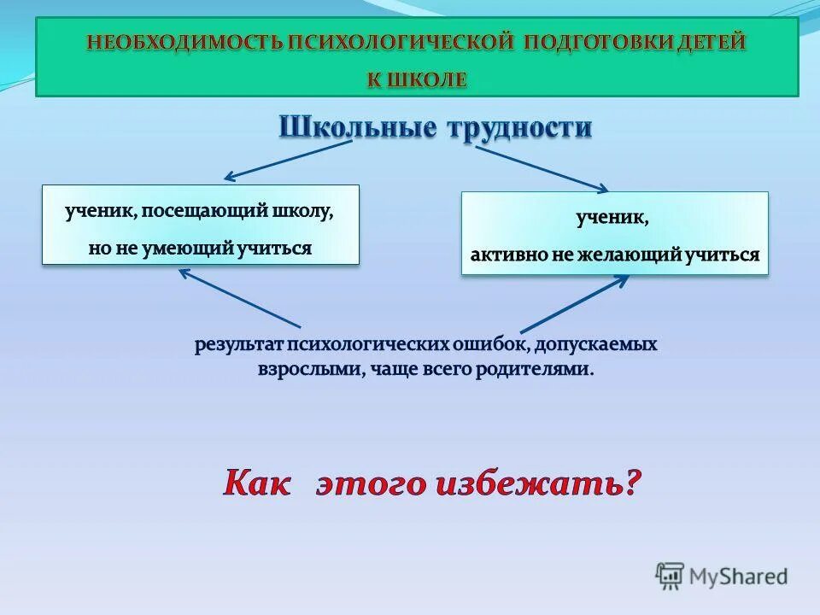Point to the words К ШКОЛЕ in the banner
click(417, 79)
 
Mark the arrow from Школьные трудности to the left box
click(288, 161)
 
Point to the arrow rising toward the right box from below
click(574, 303)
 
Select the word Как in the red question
click(257, 484)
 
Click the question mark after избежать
click(631, 484)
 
